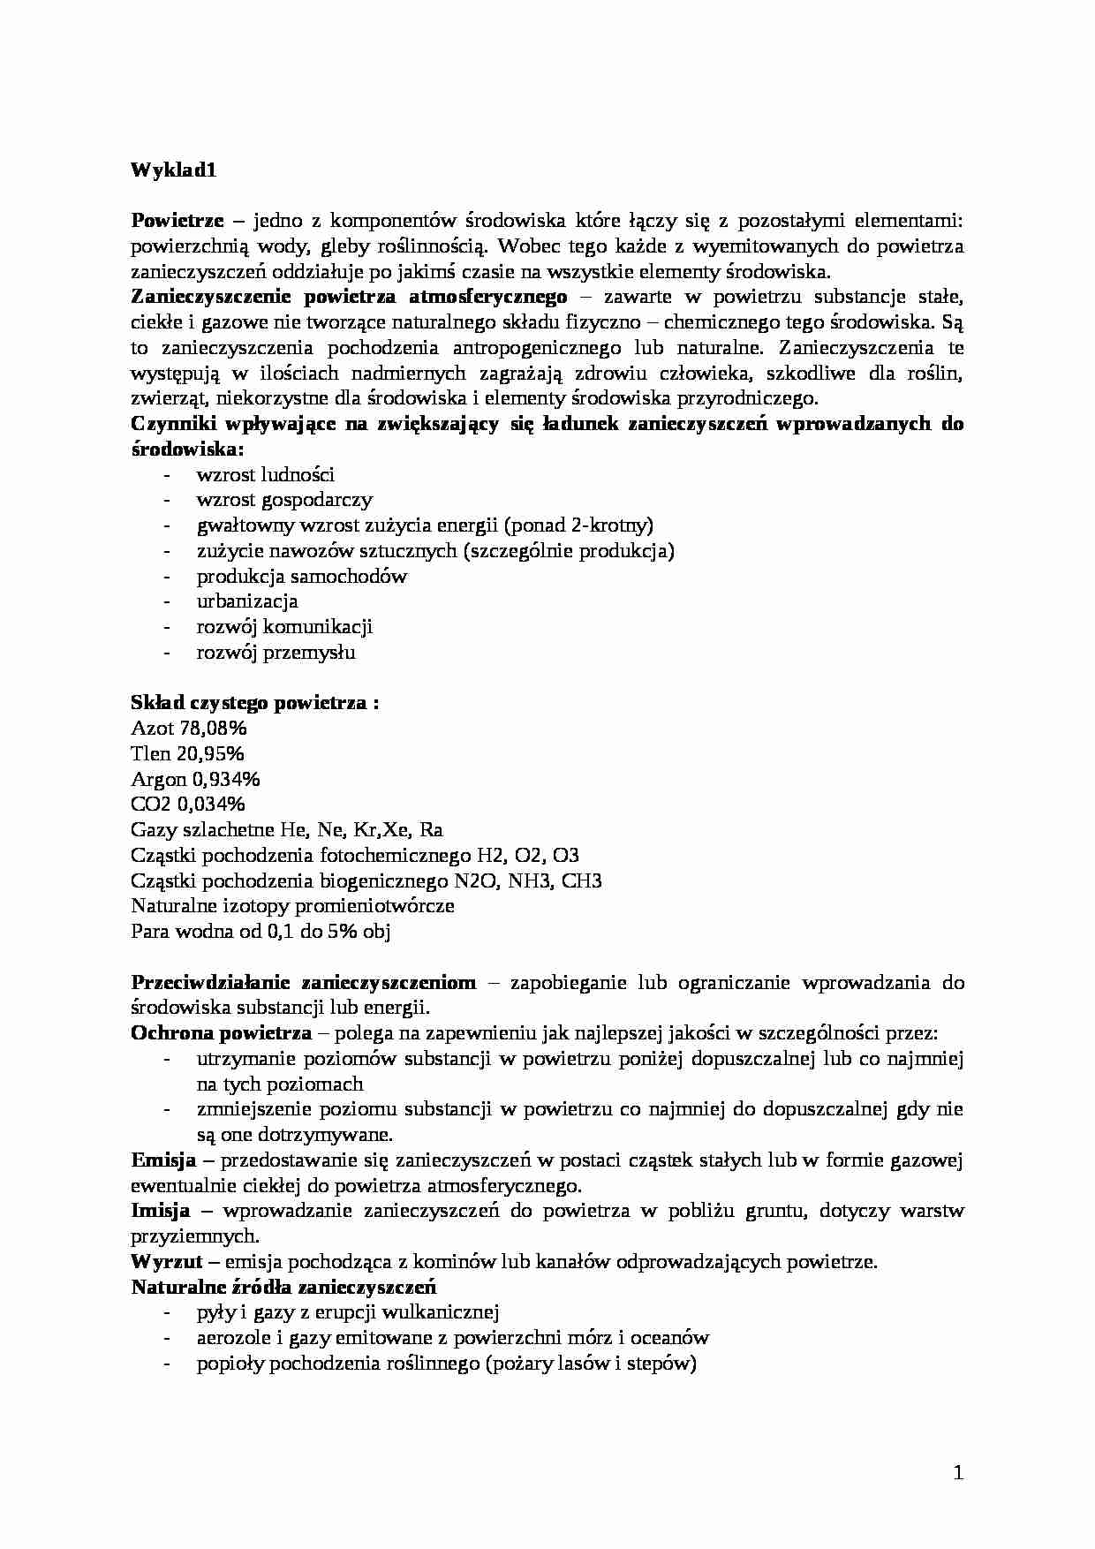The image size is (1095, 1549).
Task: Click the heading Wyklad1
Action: [x=174, y=170]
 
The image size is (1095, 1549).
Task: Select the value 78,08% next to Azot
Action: [x=215, y=729]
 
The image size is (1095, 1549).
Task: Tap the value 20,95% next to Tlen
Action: [x=211, y=754]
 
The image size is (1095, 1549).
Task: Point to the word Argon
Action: [x=159, y=780]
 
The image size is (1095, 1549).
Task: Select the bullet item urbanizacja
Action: [x=247, y=601]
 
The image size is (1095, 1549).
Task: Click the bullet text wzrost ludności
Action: [x=265, y=475]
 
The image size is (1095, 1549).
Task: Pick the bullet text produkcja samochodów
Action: [x=302, y=577]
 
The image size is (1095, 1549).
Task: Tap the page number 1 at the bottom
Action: [x=958, y=1472]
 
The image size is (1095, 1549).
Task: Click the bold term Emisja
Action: [x=163, y=1160]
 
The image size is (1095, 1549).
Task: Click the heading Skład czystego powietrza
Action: [x=255, y=703]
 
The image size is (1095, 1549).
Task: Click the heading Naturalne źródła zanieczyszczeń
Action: [x=283, y=1287]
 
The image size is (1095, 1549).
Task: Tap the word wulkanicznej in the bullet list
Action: [x=449, y=1312]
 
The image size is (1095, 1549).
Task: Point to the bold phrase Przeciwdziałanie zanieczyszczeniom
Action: [x=304, y=982]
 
